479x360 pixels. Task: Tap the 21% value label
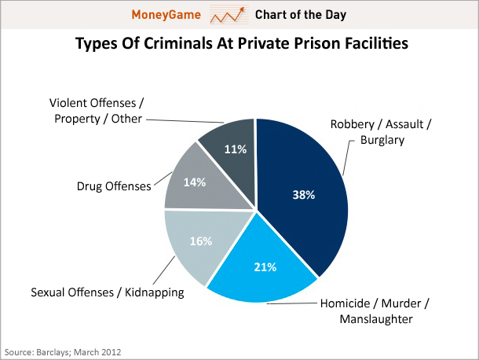click(x=264, y=267)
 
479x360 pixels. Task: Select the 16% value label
click(x=201, y=241)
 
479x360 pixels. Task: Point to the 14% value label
click(x=194, y=182)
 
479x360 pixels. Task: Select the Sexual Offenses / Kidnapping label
click(x=107, y=292)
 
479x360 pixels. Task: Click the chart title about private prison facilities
click(x=240, y=43)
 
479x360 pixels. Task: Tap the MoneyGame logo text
click(x=170, y=15)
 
